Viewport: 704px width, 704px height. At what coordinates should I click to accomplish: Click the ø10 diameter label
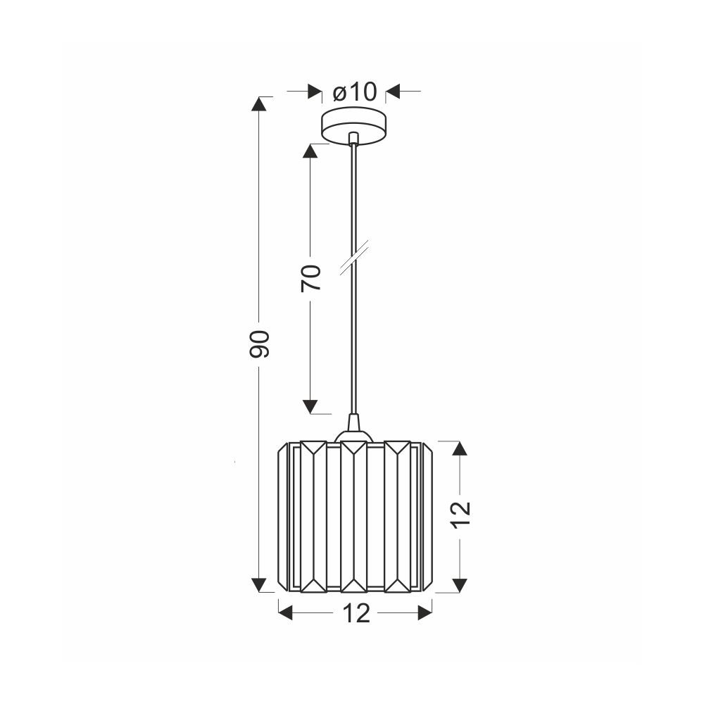354,92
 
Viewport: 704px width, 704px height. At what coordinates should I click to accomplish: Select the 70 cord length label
310,278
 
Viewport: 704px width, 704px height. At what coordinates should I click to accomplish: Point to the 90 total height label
259,344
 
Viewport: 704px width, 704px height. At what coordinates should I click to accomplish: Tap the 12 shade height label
461,515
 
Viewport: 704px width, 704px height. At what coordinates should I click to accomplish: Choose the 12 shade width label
356,613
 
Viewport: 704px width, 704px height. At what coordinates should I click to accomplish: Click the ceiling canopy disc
355,127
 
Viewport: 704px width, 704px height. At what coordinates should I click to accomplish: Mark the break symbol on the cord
355,257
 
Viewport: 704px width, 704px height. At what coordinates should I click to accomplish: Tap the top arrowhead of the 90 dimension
258,104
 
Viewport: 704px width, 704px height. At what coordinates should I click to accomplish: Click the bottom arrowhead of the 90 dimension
258,585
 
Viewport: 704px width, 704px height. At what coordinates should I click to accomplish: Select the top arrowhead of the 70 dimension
310,151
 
